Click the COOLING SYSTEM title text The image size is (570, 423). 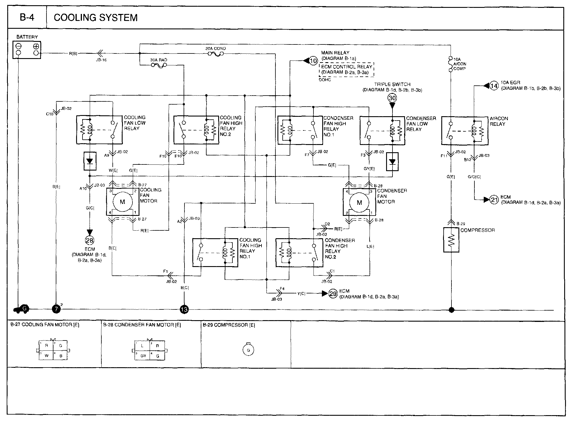pyautogui.click(x=96, y=18)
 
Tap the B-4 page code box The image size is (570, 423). pyautogui.click(x=27, y=18)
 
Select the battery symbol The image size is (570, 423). pyautogui.click(x=27, y=50)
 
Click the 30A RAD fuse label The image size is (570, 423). pyautogui.click(x=159, y=60)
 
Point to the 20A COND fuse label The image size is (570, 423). pyautogui.click(x=216, y=49)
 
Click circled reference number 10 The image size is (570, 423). pyautogui.click(x=313, y=61)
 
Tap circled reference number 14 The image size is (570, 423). pyautogui.click(x=494, y=86)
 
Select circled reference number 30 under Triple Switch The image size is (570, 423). pyautogui.click(x=392, y=98)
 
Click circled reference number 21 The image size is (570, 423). pyautogui.click(x=494, y=200)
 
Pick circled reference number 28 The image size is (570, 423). pyautogui.click(x=90, y=240)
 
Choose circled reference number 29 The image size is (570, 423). pyautogui.click(x=333, y=294)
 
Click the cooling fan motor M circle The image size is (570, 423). pyautogui.click(x=122, y=202)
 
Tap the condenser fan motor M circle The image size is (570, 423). pyautogui.click(x=359, y=202)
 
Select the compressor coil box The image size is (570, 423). pyautogui.click(x=451, y=240)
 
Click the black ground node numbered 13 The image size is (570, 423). pyautogui.click(x=184, y=310)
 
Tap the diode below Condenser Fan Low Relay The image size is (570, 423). pyautogui.click(x=392, y=162)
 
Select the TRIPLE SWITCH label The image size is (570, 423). pyautogui.click(x=392, y=84)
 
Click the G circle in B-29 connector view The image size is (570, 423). pyautogui.click(x=248, y=350)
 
